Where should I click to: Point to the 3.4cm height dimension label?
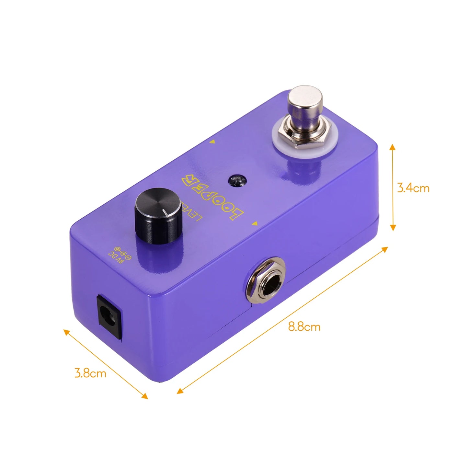coord(413,188)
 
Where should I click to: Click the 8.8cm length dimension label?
coord(304,327)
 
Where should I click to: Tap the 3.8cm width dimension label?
coord(90,373)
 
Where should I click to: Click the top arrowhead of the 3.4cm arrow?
coord(393,147)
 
